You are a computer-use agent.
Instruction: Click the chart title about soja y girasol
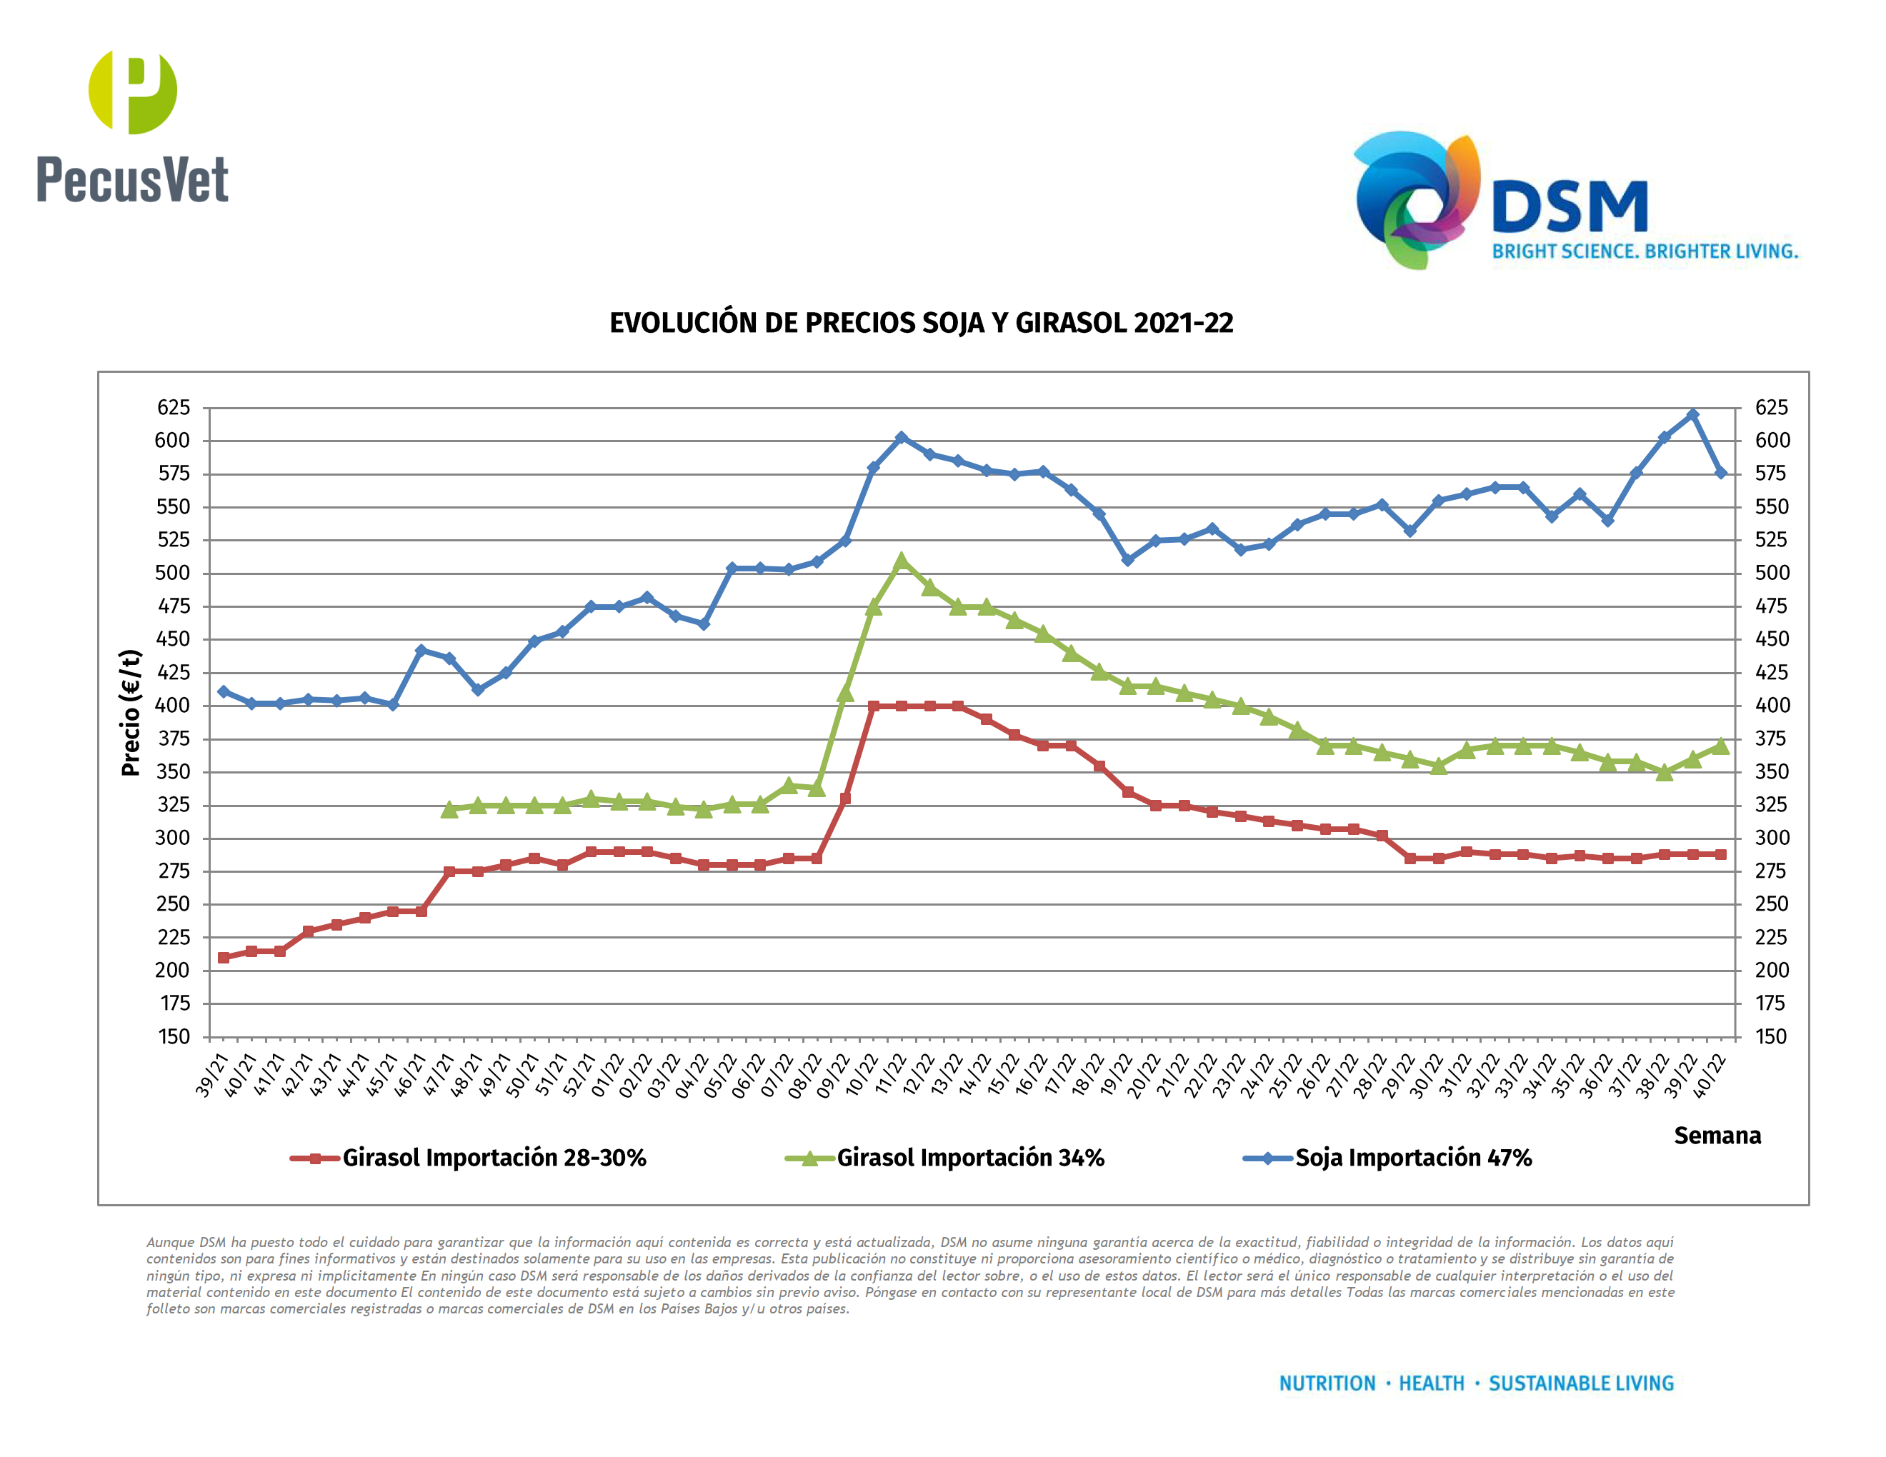click(921, 323)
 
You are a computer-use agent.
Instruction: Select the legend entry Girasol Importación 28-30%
click(493, 1158)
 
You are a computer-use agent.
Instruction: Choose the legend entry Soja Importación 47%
click(1413, 1158)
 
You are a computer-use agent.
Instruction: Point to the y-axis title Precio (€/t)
click(131, 713)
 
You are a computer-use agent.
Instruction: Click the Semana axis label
click(1717, 1135)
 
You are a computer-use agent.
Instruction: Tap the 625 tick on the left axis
click(173, 407)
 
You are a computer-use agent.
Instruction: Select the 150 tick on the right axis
click(1770, 1036)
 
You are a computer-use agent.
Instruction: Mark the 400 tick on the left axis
click(173, 705)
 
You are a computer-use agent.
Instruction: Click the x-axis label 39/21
click(211, 1075)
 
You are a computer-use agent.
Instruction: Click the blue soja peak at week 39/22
click(1692, 415)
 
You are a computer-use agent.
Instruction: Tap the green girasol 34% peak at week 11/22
click(902, 561)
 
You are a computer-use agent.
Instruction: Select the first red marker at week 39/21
click(224, 957)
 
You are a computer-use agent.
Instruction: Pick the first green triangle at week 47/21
click(449, 810)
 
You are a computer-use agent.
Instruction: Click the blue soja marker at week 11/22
click(902, 438)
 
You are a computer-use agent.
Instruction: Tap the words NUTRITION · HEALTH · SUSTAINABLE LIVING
click(1476, 1383)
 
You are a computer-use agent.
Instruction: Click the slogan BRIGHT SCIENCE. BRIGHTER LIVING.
click(1645, 251)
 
